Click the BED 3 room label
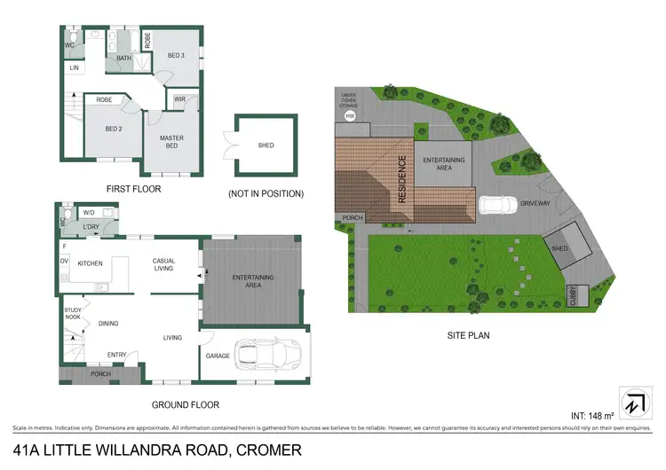pos(178,56)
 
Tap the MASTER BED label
pos(171,142)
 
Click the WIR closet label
pos(179,99)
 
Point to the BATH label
pos(124,59)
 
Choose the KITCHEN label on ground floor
pos(92,263)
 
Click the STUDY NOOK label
pos(73,314)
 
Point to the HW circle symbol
pos(350,116)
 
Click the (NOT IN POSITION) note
pos(266,193)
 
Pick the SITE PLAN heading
pos(468,336)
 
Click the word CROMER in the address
pos(266,450)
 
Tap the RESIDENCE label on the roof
pos(402,180)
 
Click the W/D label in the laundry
pos(88,213)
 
